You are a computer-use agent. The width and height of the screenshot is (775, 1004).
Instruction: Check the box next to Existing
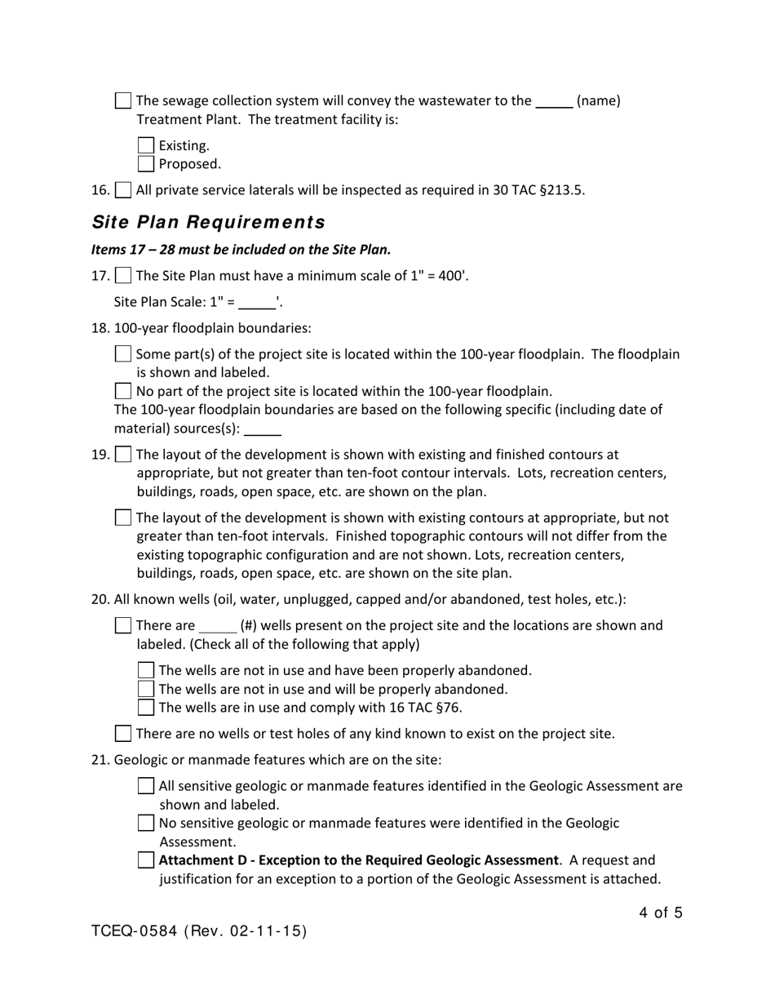[146, 145]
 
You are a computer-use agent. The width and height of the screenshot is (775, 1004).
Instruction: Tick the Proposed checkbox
[146, 164]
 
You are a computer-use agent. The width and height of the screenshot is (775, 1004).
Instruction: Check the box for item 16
[123, 190]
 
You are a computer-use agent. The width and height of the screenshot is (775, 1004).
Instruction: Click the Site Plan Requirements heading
[208, 222]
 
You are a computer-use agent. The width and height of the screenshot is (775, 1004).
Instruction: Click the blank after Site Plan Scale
[257, 303]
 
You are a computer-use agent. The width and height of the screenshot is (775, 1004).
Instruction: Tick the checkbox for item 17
[123, 275]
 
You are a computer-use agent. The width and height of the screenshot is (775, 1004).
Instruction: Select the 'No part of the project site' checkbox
[123, 391]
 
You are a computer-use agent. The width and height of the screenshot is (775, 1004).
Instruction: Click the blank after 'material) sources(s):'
[263, 429]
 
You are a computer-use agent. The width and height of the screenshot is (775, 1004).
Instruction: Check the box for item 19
[123, 454]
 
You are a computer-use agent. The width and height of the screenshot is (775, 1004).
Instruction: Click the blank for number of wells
[217, 626]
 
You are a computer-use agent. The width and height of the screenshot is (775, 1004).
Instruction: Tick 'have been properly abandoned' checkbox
[146, 670]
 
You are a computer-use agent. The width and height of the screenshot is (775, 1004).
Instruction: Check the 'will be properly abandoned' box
[146, 689]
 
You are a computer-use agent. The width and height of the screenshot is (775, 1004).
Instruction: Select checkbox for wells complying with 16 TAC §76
[146, 707]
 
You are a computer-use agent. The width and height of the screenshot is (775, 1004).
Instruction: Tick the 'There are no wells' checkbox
[123, 733]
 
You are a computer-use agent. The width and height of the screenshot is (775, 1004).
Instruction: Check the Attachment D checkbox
[146, 860]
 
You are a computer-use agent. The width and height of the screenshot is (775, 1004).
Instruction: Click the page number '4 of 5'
[661, 913]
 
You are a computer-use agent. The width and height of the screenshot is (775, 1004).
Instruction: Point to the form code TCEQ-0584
[135, 931]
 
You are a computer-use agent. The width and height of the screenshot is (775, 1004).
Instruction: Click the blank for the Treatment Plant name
[554, 102]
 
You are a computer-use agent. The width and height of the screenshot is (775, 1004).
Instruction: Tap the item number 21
[100, 760]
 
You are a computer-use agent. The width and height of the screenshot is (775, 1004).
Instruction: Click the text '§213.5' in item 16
[562, 190]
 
